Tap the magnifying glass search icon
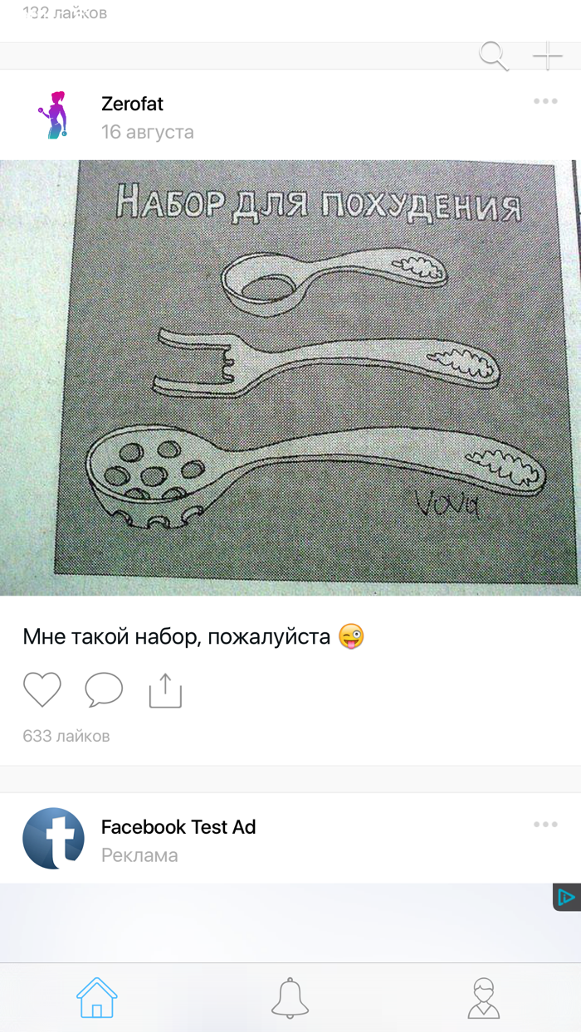coord(493,56)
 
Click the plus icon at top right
coord(547,56)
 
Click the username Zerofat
coord(132,104)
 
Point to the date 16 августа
coord(147,132)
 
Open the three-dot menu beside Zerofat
coord(545,101)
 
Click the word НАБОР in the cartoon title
coord(169,201)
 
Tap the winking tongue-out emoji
coord(352,636)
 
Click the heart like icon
coord(42,690)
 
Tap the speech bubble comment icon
coord(104,690)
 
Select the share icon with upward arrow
coord(165,690)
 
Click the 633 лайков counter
coord(66,736)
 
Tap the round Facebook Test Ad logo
coord(54,838)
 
